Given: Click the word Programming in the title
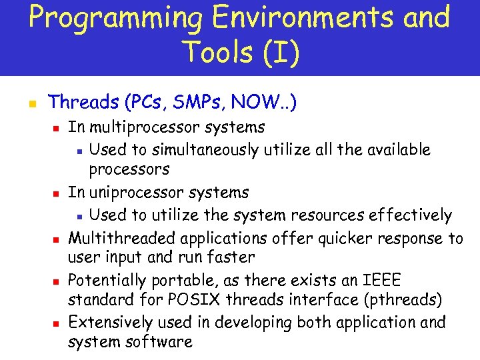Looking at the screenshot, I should pos(114,18).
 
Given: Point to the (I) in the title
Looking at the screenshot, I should pos(279,52).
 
